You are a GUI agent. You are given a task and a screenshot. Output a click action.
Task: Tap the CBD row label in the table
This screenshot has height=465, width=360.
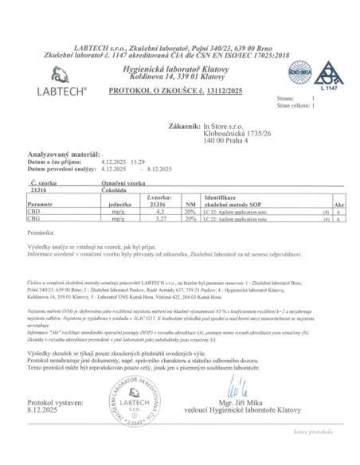tap(34, 211)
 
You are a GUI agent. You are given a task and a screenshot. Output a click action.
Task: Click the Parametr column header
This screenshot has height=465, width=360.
tap(41, 203)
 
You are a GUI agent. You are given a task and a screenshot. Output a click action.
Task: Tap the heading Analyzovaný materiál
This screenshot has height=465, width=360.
tap(57, 150)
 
